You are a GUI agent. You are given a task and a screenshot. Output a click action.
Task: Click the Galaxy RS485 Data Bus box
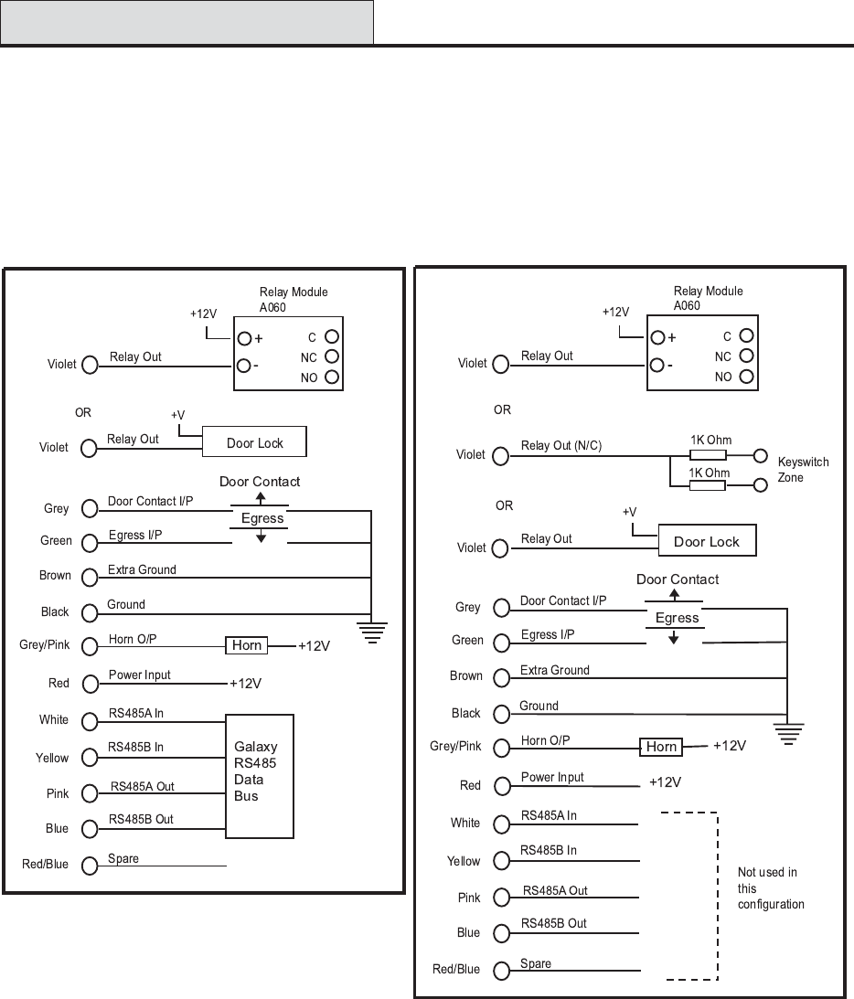pyautogui.click(x=261, y=776)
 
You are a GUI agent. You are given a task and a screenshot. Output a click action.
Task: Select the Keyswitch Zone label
pyautogui.click(x=803, y=470)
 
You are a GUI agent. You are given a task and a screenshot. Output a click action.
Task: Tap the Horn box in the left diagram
pyautogui.click(x=247, y=645)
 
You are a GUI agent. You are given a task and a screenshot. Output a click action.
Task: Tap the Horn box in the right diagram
pyautogui.click(x=661, y=747)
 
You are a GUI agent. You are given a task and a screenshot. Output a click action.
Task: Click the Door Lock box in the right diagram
pyautogui.click(x=706, y=541)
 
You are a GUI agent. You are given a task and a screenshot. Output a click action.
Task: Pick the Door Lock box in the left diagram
pyautogui.click(x=254, y=442)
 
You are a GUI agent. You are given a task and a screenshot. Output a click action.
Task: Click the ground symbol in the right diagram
pyautogui.click(x=787, y=732)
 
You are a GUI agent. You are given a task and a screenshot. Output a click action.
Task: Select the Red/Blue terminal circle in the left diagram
pyautogui.click(x=89, y=865)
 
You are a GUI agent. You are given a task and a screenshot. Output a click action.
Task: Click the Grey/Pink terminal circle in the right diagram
pyautogui.click(x=500, y=748)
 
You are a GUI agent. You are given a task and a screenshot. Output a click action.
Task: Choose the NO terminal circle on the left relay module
pyautogui.click(x=332, y=377)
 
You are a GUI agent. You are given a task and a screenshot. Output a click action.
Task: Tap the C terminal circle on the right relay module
pyautogui.click(x=746, y=336)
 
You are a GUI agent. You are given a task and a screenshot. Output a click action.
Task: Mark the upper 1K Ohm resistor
pyautogui.click(x=707, y=454)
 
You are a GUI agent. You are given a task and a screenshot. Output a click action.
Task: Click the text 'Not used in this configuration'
pyautogui.click(x=770, y=887)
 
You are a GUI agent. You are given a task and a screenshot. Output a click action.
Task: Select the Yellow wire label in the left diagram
pyautogui.click(x=52, y=758)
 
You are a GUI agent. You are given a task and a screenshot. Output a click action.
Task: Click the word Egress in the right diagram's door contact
pyautogui.click(x=677, y=618)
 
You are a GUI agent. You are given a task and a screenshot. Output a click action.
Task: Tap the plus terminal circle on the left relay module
pyautogui.click(x=245, y=338)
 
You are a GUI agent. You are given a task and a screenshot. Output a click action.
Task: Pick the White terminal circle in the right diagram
pyautogui.click(x=500, y=824)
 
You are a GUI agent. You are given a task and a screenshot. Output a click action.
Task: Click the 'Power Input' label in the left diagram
pyautogui.click(x=139, y=675)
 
